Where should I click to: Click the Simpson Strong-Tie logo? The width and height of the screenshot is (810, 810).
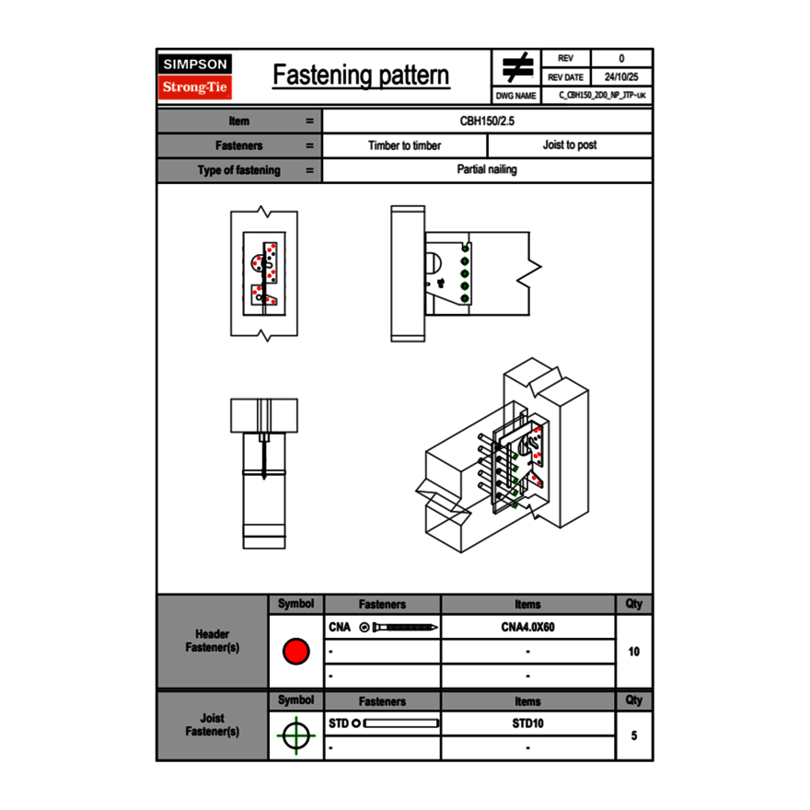tap(195, 76)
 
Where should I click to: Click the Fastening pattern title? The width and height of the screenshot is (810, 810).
tap(361, 75)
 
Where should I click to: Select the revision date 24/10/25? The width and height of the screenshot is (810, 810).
tap(621, 77)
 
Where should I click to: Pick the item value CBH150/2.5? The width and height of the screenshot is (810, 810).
tap(487, 121)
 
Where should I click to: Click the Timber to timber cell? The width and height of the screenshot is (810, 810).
tap(404, 145)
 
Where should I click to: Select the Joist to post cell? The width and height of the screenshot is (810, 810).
tap(569, 145)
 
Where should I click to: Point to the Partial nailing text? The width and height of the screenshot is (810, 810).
tap(487, 170)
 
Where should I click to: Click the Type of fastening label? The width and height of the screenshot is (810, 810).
tap(238, 170)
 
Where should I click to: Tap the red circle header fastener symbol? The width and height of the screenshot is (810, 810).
tap(295, 652)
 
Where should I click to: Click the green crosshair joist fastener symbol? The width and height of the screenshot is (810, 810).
tap(295, 735)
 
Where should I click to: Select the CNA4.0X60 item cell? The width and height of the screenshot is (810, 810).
tap(527, 628)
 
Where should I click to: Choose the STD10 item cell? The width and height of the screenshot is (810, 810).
tap(527, 723)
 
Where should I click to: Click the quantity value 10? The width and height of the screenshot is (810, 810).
tap(633, 652)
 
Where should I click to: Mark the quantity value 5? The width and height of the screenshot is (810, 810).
tap(633, 735)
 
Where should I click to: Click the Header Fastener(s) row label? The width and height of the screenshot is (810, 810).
tap(212, 641)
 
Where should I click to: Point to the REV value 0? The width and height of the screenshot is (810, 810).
tap(621, 58)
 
